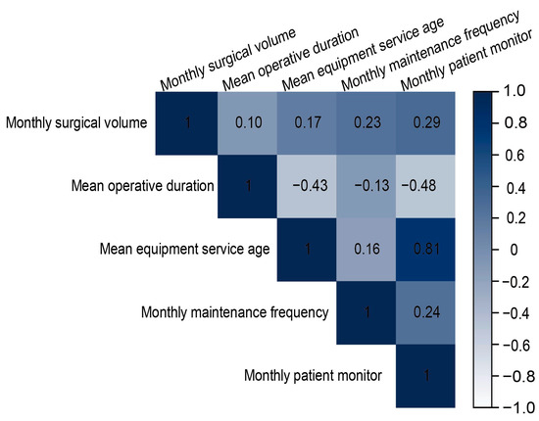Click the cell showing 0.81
425,250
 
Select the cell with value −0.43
307,186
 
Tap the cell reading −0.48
425,186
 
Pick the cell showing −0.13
367,186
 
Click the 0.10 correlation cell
247,123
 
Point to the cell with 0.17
307,123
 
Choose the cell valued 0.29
425,123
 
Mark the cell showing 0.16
367,250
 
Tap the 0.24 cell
425,312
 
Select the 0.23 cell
367,123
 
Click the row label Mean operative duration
143,186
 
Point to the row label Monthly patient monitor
313,376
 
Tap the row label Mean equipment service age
184,250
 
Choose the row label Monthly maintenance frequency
235,313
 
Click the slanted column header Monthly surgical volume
228,59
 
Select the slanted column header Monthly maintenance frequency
430,51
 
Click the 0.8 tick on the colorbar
515,123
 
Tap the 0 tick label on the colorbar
514,250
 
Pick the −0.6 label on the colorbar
515,345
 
